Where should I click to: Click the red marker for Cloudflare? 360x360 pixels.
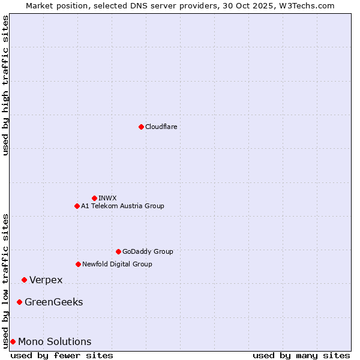click(141, 127)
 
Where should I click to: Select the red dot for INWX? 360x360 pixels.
click(94, 198)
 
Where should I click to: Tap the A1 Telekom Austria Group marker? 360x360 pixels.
click(77, 206)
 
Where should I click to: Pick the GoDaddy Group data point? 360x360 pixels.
click(118, 251)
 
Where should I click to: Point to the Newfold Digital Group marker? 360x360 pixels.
click(78, 264)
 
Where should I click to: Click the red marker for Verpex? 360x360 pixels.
click(24, 280)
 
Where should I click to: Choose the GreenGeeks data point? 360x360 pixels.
click(19, 302)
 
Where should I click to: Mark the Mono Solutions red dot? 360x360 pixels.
click(13, 341)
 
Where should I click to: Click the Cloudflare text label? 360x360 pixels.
click(161, 127)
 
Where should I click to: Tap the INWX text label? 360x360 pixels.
click(107, 198)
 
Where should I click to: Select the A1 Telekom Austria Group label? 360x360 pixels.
click(122, 206)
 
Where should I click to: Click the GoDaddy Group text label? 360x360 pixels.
click(148, 251)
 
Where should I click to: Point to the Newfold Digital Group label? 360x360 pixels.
click(117, 264)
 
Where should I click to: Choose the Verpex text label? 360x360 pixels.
click(46, 280)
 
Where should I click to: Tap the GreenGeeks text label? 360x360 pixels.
click(54, 302)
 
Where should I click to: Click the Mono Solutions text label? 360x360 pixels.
click(55, 341)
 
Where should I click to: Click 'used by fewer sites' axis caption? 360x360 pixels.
click(62, 355)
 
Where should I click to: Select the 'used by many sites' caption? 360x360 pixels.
click(301, 355)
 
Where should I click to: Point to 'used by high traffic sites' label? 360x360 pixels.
click(6, 85)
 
